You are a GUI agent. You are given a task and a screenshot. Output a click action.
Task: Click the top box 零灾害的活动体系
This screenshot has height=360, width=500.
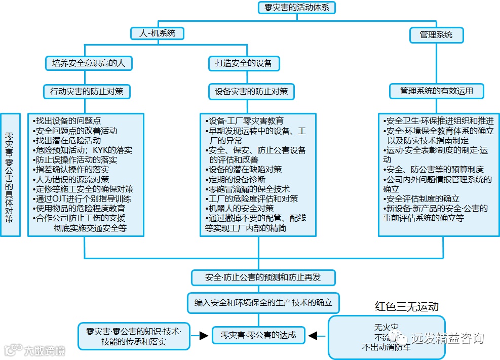(296, 8)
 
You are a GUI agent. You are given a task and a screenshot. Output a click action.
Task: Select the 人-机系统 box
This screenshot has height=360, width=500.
(157, 33)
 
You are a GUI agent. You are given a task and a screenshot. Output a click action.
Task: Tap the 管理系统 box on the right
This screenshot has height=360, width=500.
(436, 34)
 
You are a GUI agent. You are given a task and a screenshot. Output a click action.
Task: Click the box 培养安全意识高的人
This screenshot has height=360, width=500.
(89, 63)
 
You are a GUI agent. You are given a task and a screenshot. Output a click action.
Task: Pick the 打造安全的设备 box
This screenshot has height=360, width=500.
(244, 63)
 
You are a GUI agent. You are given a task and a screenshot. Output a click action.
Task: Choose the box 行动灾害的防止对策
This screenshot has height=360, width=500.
(87, 92)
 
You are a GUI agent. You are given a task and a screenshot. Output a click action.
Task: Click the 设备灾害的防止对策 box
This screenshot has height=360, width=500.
(251, 92)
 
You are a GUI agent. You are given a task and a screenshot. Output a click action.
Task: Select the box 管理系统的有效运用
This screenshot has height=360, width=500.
(436, 91)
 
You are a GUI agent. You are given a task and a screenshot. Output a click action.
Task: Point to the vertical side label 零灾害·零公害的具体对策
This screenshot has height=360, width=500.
(10, 174)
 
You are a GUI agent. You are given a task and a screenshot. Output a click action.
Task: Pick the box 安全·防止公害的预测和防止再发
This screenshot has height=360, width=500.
(263, 277)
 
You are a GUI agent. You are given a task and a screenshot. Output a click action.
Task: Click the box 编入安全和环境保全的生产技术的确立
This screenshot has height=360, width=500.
(263, 302)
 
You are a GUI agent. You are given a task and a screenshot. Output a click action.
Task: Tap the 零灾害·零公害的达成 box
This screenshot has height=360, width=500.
(258, 335)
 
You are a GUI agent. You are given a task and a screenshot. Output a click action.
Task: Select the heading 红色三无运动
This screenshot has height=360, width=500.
(406, 307)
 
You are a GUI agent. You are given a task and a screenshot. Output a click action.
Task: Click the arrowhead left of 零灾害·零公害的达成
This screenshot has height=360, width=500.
(204, 335)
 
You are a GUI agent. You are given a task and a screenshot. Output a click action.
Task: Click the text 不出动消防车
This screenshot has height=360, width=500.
(386, 347)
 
